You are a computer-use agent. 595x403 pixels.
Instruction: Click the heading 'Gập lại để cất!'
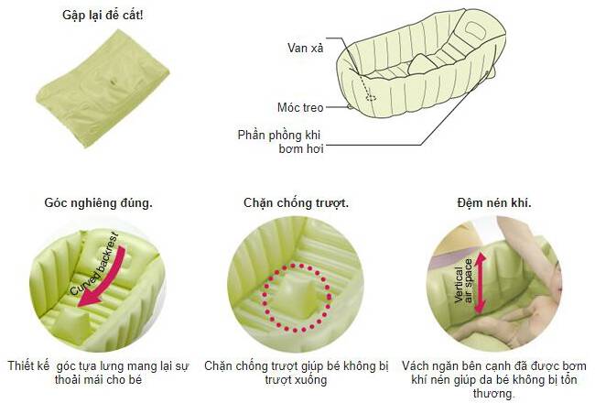click(x=103, y=16)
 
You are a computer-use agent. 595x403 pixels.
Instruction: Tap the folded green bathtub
click(x=103, y=88)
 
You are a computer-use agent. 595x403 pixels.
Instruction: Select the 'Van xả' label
click(x=306, y=48)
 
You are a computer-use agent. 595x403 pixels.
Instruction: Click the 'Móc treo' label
click(x=300, y=107)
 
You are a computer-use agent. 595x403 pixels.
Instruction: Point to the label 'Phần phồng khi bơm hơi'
click(x=280, y=142)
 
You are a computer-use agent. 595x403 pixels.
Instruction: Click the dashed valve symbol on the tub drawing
click(x=371, y=98)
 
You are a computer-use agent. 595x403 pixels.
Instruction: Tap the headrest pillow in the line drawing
click(x=473, y=29)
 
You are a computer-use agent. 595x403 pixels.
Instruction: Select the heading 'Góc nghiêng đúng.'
click(x=98, y=202)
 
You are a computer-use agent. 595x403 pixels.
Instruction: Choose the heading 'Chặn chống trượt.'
click(x=296, y=202)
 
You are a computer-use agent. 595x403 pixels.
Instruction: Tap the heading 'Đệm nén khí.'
click(x=494, y=202)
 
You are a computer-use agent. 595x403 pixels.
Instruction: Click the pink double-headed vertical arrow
click(x=480, y=283)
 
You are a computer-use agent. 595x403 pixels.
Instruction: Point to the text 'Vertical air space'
click(x=463, y=281)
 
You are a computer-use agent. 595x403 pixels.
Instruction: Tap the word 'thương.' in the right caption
click(x=494, y=393)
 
